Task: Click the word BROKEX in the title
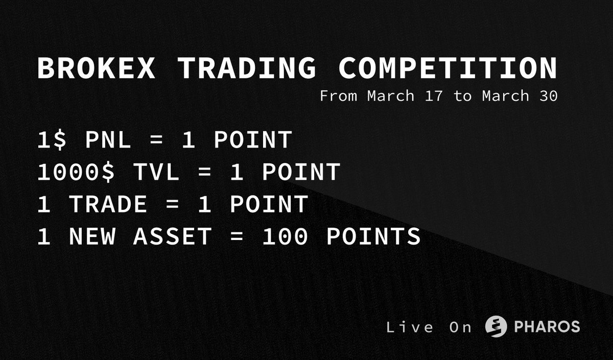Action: [96, 68]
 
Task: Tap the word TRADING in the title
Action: [247, 68]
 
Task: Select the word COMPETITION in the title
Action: [448, 68]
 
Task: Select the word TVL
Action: [157, 173]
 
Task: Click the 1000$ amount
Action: [77, 173]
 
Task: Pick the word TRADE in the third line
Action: [108, 205]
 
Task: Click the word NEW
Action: [92, 237]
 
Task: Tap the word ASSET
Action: [173, 237]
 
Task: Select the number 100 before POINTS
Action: [285, 237]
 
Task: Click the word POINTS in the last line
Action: [373, 237]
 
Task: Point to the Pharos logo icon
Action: [496, 327]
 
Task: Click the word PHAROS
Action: [547, 327]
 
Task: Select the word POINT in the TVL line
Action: [301, 173]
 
